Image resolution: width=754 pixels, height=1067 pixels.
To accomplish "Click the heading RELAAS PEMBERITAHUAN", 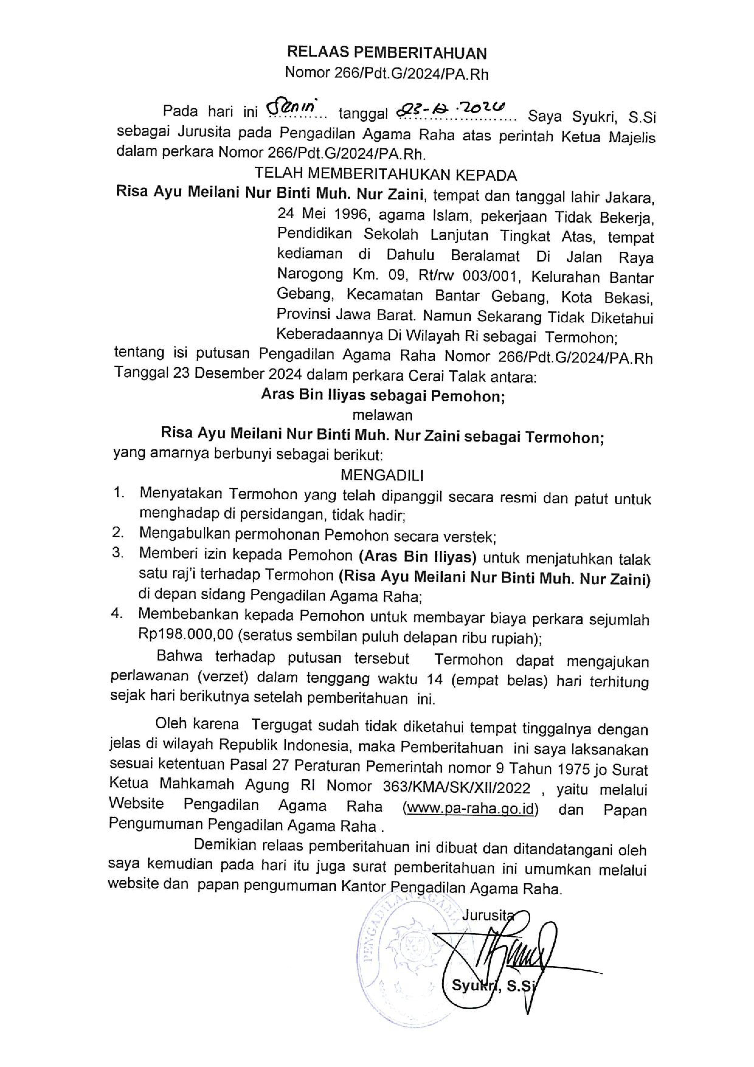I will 386,54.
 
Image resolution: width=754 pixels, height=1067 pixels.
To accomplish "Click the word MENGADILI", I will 382,475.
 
